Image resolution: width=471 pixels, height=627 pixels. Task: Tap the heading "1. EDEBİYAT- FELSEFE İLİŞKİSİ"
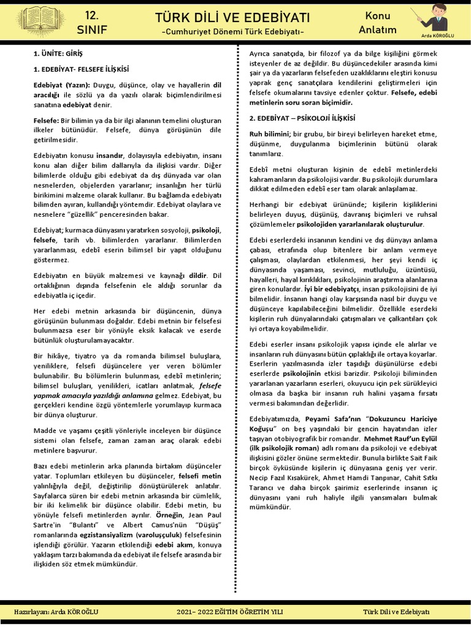click(81, 69)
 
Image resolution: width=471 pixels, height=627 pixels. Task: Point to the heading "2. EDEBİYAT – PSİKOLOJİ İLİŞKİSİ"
click(302, 118)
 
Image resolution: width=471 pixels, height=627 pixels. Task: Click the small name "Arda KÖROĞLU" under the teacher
click(437, 36)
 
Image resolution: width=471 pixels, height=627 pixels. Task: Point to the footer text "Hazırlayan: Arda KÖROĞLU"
click(56, 612)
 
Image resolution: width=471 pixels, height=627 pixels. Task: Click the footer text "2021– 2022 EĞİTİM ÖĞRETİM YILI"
click(231, 612)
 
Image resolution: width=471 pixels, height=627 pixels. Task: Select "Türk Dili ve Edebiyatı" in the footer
click(396, 612)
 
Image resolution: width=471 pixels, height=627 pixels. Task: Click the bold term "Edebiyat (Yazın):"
click(61, 84)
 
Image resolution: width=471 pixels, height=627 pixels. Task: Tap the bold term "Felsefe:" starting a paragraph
click(46, 121)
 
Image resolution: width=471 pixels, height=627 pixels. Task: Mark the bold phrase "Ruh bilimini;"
click(270, 133)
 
